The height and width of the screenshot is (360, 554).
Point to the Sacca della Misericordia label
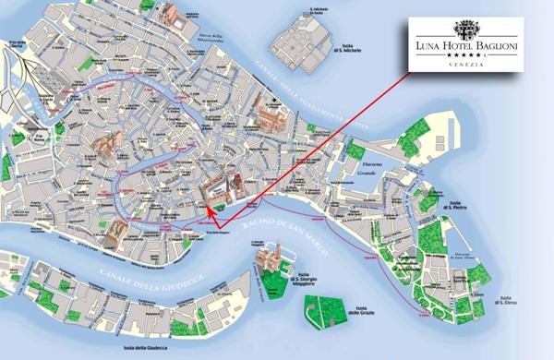[x=210, y=36]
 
